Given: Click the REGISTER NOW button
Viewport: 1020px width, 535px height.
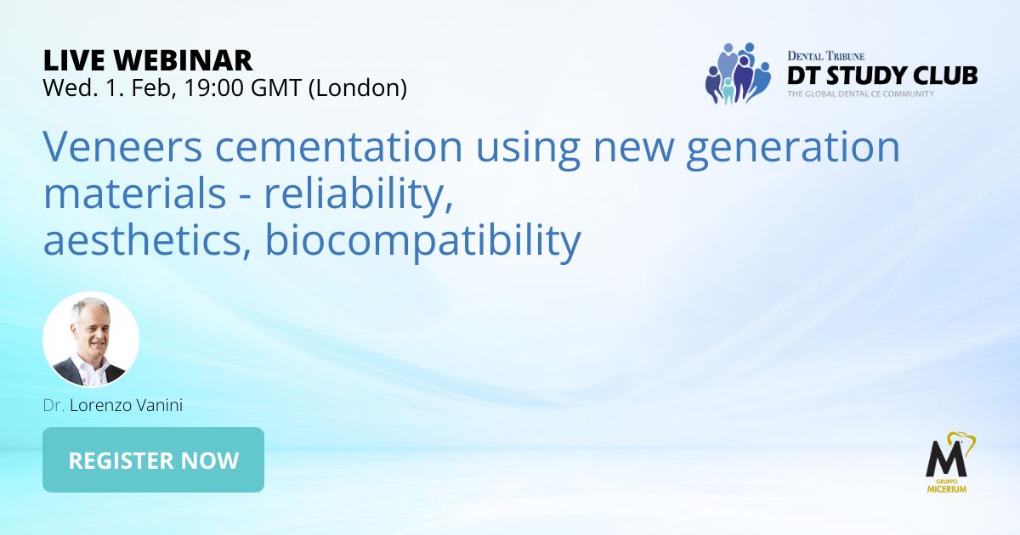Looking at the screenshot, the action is click(x=154, y=459).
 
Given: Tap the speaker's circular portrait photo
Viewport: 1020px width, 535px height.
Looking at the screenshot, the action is click(x=91, y=339).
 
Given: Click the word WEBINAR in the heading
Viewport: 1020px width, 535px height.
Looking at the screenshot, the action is click(x=183, y=60).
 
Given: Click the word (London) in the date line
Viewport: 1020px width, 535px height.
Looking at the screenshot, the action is click(x=358, y=88).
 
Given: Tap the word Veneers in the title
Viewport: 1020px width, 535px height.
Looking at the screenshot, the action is click(x=122, y=146).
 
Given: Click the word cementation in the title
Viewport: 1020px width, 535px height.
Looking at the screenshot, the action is click(x=339, y=146).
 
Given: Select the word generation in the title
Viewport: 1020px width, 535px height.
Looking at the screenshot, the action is click(x=793, y=149).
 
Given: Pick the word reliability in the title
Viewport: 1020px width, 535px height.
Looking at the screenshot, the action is click(x=359, y=194).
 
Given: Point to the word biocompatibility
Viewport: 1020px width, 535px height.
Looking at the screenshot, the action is click(x=423, y=241).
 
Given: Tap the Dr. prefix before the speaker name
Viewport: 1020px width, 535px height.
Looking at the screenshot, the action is click(x=54, y=405).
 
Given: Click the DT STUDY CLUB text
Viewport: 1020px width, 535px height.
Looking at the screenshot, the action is click(x=882, y=76).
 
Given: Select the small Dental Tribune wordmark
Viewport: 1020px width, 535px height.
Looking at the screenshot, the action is click(x=826, y=56).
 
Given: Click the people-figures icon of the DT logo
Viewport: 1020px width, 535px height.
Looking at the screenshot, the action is click(x=738, y=74).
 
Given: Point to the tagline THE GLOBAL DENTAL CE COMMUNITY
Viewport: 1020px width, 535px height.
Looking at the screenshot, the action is click(x=860, y=93).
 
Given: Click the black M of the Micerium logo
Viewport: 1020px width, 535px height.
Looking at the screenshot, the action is click(x=946, y=459).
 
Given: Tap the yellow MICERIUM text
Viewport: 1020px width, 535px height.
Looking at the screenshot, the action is click(x=947, y=489).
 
